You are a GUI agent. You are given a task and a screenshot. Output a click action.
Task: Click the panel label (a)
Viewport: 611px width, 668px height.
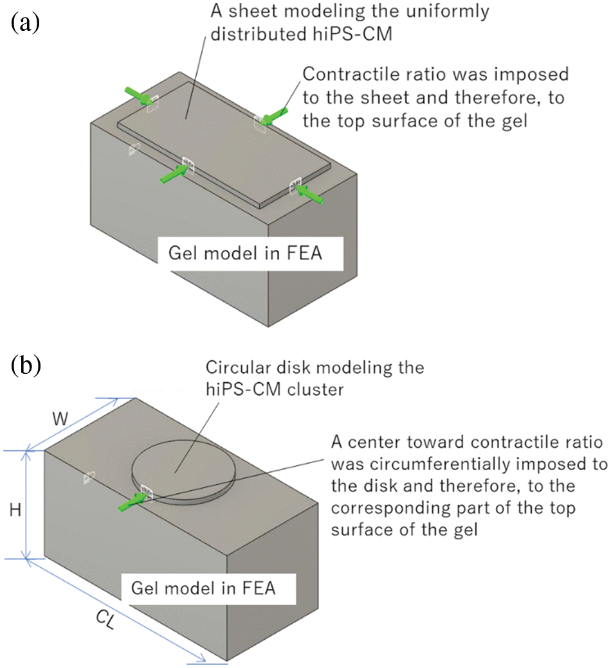(x=25, y=22)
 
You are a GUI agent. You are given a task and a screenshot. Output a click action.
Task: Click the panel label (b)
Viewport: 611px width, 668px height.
(x=26, y=365)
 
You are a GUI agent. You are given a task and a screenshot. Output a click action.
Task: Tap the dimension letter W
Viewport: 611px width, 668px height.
(x=60, y=419)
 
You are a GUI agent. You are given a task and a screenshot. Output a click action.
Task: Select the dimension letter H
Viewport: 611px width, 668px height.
(x=15, y=509)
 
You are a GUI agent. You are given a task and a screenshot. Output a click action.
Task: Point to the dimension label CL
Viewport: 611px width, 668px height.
(x=105, y=620)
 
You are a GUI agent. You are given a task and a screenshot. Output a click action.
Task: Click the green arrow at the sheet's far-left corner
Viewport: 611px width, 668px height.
(x=139, y=96)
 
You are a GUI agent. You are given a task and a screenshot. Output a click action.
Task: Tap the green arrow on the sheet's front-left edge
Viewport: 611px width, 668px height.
(x=174, y=174)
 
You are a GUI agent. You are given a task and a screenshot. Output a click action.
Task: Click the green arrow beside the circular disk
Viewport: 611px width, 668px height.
(x=132, y=502)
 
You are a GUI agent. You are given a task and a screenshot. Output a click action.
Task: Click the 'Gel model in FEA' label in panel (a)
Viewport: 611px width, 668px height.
(x=245, y=253)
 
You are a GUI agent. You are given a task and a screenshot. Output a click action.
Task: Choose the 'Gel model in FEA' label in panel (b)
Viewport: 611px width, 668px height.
(x=203, y=588)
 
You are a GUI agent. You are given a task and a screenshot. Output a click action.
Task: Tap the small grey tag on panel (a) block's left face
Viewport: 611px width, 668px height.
(x=134, y=149)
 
